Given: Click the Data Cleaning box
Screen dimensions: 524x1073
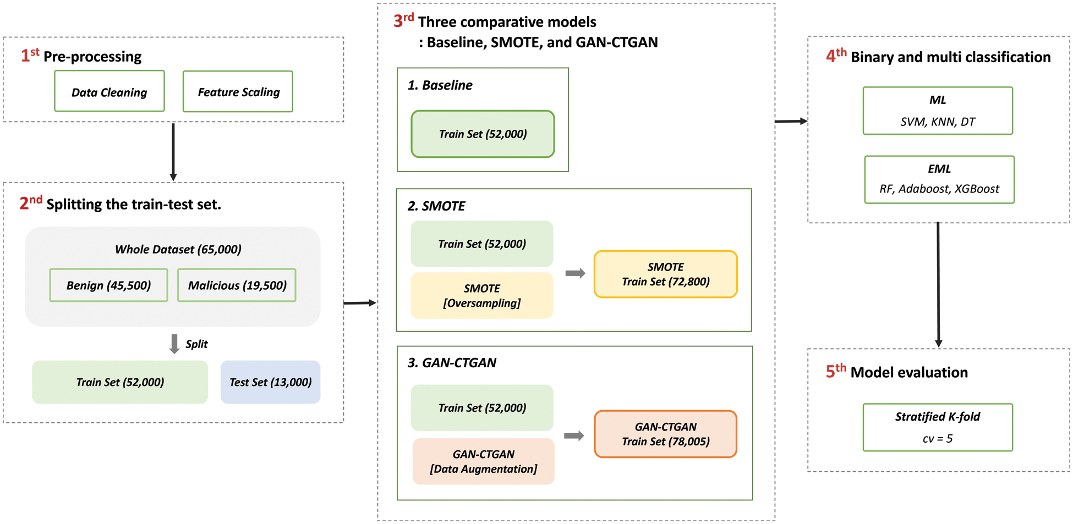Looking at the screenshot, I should tap(109, 91).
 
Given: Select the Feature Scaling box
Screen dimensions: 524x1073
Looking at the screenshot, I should tap(238, 91).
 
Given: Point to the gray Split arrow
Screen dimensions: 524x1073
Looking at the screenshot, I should tap(174, 344).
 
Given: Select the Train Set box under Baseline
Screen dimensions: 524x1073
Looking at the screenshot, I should tap(483, 134).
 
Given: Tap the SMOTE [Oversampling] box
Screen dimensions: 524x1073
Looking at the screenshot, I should tap(481, 296).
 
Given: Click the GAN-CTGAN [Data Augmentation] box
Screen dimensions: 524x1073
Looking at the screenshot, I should tap(483, 461).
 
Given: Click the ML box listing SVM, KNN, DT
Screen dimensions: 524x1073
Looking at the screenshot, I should tap(937, 111).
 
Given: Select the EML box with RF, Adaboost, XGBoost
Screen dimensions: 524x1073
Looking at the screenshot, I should tap(939, 179).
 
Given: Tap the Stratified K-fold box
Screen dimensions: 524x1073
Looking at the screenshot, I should tap(937, 427).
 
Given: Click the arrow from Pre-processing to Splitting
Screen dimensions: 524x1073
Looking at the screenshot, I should tap(173, 151).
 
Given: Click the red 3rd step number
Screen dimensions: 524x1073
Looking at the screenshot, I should tap(403, 21).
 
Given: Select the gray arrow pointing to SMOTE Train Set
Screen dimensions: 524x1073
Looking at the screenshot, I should tap(575, 273).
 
